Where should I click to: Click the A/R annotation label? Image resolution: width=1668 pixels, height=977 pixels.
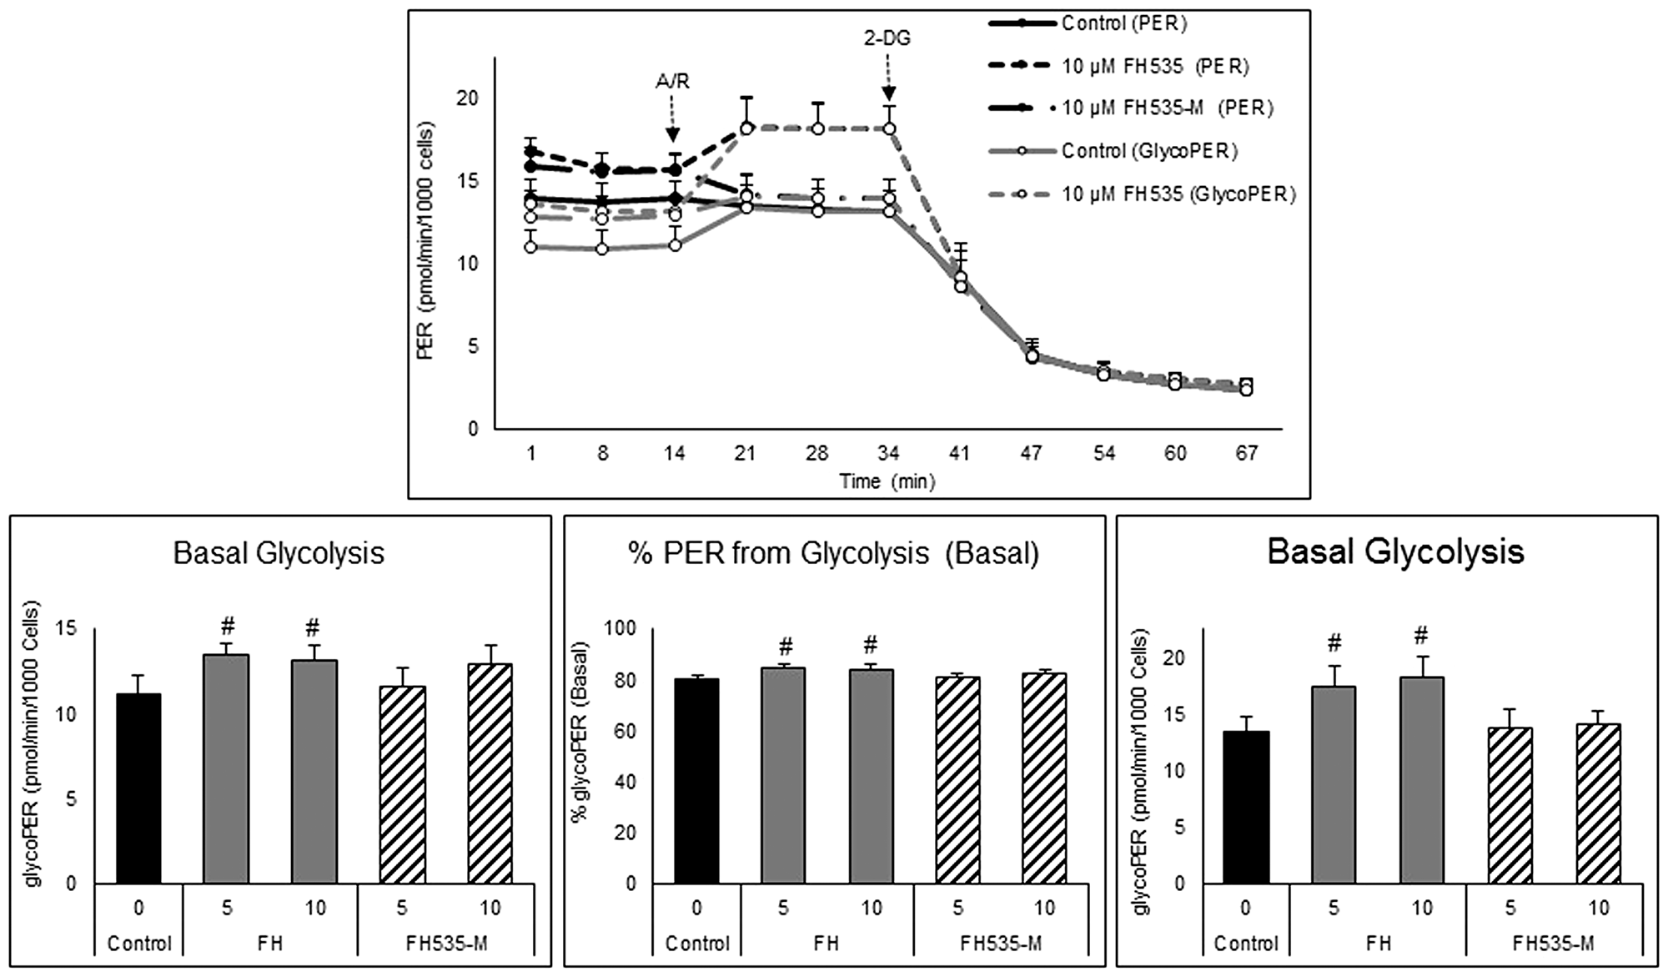(672, 82)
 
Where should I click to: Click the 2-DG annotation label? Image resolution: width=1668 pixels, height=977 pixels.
(887, 38)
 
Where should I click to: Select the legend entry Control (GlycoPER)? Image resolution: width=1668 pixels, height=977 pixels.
(1149, 151)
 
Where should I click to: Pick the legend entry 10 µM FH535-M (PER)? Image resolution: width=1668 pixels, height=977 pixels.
(1167, 108)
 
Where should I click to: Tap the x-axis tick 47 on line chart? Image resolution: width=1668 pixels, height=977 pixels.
(1031, 453)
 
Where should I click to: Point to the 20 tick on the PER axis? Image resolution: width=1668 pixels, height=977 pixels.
(467, 98)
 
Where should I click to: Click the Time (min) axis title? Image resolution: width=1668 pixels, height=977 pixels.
(887, 481)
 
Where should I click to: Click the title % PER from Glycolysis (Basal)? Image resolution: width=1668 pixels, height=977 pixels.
(834, 553)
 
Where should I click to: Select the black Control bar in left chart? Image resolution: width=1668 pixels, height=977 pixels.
(138, 788)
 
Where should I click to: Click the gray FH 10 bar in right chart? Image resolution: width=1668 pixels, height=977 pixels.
(1422, 779)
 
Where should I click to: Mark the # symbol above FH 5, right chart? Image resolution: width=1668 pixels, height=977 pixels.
(1334, 642)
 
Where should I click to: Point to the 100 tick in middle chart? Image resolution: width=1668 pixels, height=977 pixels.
(620, 628)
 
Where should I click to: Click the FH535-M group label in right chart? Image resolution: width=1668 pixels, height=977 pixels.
(1553, 944)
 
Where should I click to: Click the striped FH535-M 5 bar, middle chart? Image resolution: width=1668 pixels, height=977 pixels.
(957, 779)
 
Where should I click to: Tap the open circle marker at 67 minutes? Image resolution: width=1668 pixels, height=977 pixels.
(1246, 389)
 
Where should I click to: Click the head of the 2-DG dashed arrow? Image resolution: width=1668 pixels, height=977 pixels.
(889, 98)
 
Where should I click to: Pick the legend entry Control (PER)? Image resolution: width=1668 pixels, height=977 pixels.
(1123, 23)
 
